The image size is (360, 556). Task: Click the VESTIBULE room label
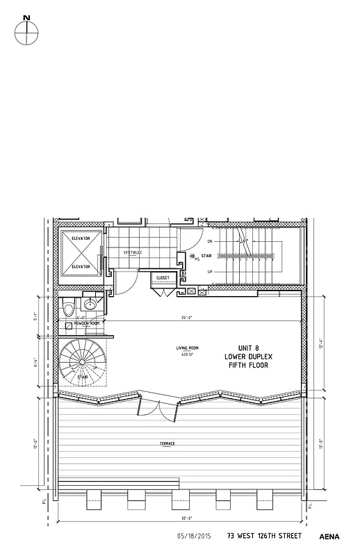tap(133, 252)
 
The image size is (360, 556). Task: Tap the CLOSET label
tap(163, 277)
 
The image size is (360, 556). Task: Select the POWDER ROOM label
tap(87, 324)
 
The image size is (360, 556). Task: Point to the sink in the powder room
tap(90, 304)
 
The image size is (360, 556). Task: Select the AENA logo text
tap(329, 537)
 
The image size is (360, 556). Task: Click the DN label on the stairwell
tap(210, 241)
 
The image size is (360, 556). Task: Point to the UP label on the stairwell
tap(210, 272)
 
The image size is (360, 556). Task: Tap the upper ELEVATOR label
tap(82, 238)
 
